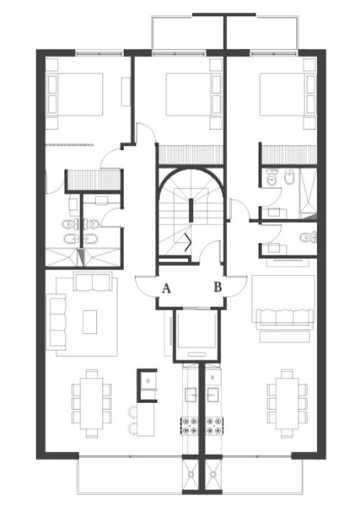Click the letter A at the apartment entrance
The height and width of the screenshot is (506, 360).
coord(166,288)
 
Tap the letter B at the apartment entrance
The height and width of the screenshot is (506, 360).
coord(218,287)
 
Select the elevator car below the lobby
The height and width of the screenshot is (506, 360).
coord(196,334)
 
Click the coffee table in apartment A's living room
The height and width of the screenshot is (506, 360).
coord(89,322)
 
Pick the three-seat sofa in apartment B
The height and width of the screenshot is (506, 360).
coord(284,317)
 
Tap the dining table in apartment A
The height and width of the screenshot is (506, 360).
coord(92,403)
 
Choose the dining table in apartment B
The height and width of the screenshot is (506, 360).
coord(287,403)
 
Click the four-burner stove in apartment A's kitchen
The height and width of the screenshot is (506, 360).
coord(189,425)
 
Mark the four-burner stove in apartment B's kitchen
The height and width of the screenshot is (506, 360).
coord(214,425)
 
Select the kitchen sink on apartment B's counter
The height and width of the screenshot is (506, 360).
coord(213,395)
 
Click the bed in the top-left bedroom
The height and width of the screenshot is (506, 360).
coord(75,94)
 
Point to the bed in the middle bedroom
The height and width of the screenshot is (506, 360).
coord(194,94)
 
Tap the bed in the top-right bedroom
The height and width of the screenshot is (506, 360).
coord(287,94)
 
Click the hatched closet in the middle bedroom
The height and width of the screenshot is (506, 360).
coord(191,154)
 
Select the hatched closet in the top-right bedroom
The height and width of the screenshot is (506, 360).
coord(288,154)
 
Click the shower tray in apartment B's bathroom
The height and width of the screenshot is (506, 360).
coord(308,193)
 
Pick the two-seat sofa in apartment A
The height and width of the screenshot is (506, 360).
coord(93,282)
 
